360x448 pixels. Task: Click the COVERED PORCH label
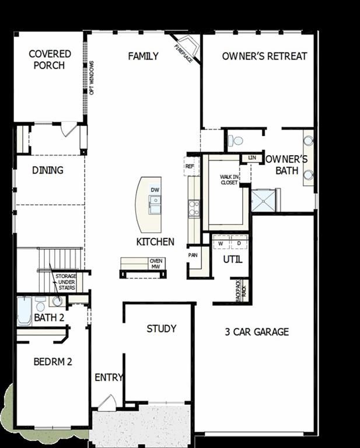point(50,60)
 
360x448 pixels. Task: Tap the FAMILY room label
point(144,57)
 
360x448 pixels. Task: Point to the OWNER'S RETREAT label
point(264,57)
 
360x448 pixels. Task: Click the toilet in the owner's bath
point(235,141)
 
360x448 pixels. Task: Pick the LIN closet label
point(251,157)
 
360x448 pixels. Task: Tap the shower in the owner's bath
point(264,200)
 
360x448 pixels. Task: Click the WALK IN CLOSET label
point(229,180)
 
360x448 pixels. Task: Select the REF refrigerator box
point(189,166)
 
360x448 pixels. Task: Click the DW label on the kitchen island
point(155,190)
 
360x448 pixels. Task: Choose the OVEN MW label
point(156,264)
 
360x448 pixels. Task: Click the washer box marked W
point(221,243)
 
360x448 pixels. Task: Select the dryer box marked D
point(239,243)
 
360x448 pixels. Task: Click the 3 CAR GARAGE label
point(257,332)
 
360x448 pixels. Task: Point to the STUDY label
point(162,329)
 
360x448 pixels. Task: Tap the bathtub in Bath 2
point(24,311)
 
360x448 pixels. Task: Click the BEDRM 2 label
point(53,362)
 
